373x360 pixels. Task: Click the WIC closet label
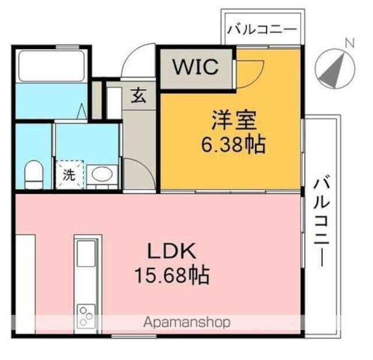point(195,67)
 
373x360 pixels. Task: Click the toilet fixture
point(34,176)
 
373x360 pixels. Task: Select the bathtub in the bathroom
point(51,66)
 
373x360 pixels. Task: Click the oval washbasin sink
point(103,174)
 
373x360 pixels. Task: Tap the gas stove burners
point(86,316)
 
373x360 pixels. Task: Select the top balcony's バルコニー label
point(262,29)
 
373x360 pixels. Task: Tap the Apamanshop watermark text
point(187,322)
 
